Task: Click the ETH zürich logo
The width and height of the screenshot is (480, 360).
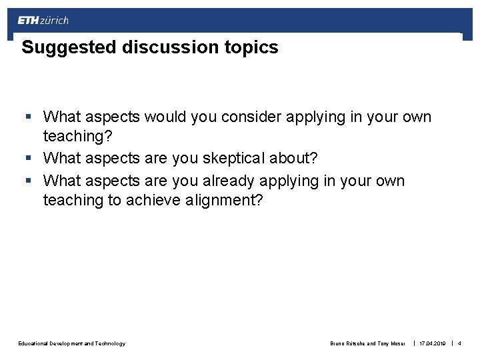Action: [x=43, y=20]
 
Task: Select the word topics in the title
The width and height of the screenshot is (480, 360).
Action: [x=254, y=48]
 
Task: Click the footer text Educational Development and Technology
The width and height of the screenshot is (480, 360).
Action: [x=72, y=343]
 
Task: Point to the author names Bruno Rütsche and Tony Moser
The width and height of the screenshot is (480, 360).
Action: [x=367, y=343]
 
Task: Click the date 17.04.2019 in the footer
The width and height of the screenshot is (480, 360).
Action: [x=433, y=343]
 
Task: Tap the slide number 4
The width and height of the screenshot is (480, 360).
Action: [x=459, y=343]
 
